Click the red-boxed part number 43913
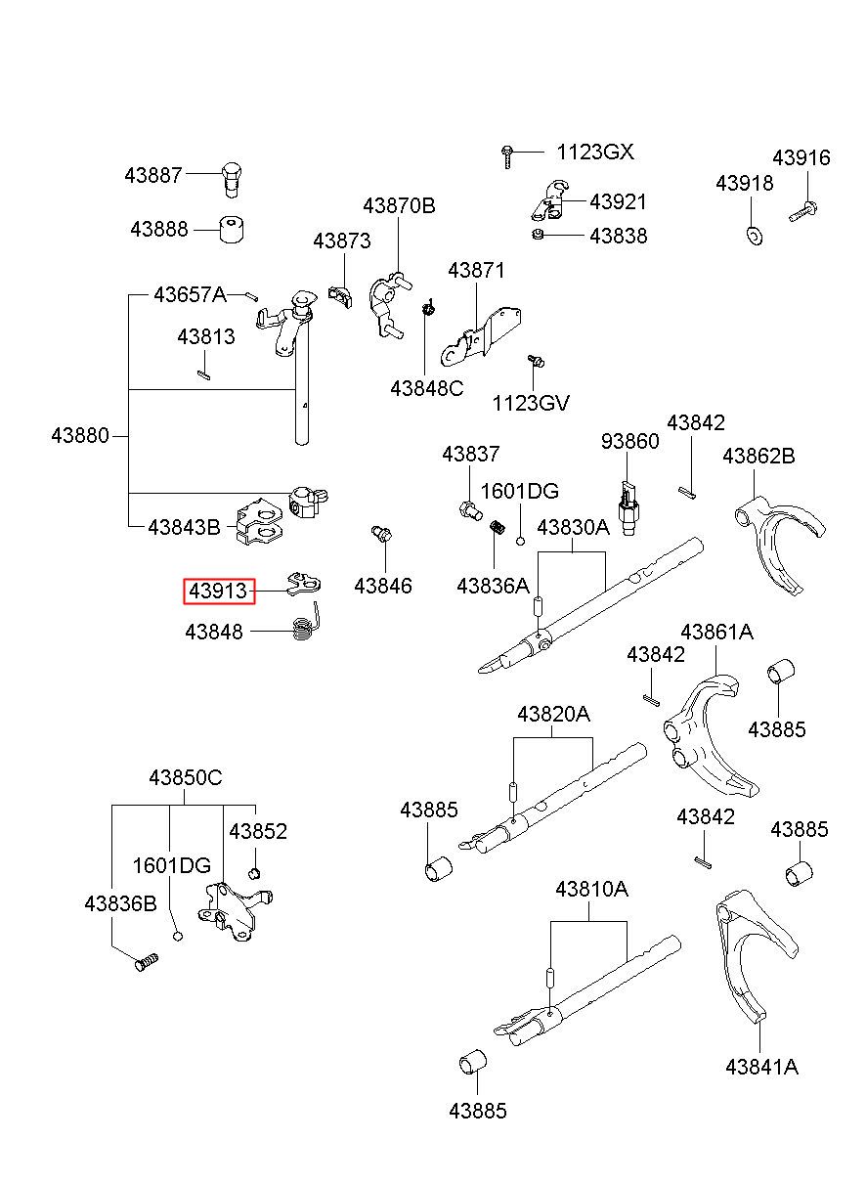219,591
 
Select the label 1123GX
595,153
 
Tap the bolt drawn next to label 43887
231,180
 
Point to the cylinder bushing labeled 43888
232,230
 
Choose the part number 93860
629,441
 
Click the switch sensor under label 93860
628,507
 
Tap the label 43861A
716,633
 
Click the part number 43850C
186,777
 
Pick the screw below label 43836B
146,962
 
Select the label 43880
80,435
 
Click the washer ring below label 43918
755,236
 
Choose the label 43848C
426,388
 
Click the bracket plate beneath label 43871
481,336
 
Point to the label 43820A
553,715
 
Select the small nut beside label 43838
538,234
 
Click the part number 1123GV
531,403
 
